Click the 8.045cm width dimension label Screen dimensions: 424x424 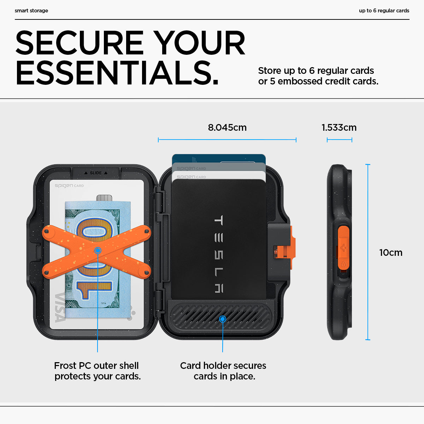click(227, 128)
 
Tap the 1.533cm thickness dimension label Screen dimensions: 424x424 click(339, 128)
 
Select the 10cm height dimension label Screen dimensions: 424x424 click(391, 253)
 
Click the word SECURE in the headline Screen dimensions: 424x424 click(79, 42)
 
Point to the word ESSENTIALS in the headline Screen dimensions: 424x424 click(117, 73)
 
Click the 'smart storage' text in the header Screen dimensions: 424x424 click(31, 11)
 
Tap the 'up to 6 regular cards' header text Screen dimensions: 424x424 click(384, 11)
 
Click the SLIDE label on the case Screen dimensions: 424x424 click(96, 173)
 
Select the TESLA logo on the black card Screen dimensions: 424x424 click(218, 254)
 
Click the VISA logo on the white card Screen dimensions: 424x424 click(60, 307)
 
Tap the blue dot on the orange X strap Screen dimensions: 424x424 click(98, 251)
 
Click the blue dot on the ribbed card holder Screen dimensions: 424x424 click(223, 319)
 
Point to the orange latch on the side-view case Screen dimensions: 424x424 click(343, 248)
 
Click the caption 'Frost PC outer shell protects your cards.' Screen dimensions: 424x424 click(97, 371)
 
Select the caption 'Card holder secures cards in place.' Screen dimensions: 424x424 click(223, 371)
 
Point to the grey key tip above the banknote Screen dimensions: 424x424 click(104, 198)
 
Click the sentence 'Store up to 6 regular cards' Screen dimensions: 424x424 click(316, 71)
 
